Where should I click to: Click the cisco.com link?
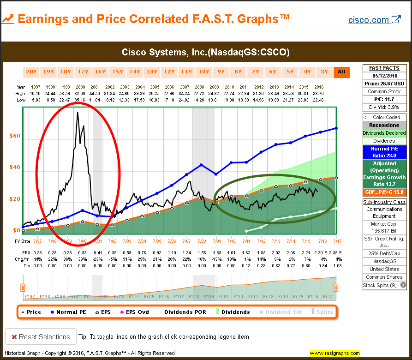[374, 20]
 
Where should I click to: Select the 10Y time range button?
[203, 72]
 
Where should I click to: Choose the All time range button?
[342, 72]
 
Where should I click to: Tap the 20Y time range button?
[31, 72]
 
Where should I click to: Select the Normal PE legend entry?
[69, 312]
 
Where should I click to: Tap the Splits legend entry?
[323, 312]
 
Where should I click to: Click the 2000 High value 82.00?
[80, 93]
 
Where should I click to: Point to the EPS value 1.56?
[202, 253]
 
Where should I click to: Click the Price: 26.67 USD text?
[384, 83]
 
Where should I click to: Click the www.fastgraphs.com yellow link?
[334, 354]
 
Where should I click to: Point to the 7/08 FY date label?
[202, 241]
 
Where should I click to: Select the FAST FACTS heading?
[384, 68]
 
